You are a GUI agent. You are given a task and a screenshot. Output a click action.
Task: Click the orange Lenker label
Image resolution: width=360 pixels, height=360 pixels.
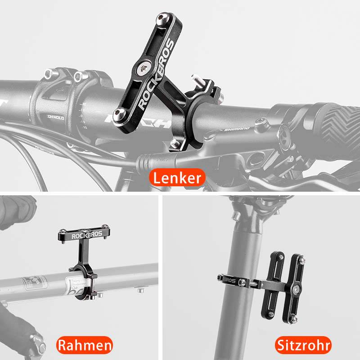(176, 177)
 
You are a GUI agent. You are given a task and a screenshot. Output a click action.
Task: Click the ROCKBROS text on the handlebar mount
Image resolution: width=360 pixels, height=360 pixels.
(155, 74)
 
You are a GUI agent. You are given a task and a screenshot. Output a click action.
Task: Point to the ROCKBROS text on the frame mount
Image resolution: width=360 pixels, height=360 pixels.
(81, 234)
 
